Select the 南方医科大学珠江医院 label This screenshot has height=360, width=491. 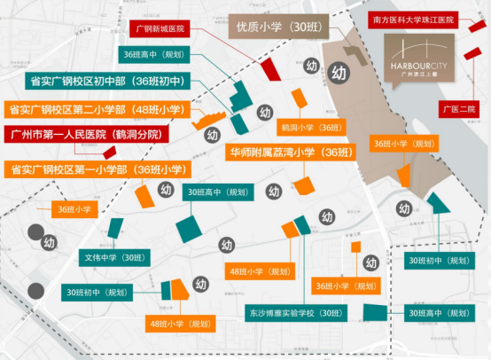[x=413, y=18]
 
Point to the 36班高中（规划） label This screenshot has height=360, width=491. [x=153, y=54]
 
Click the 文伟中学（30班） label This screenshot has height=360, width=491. [x=113, y=257]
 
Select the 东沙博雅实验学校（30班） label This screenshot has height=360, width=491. [x=294, y=313]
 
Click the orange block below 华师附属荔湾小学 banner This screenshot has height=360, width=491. [x=304, y=184]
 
